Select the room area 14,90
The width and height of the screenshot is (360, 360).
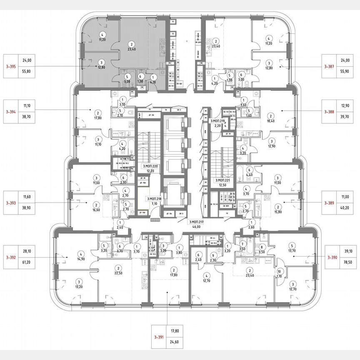[x=81, y=258]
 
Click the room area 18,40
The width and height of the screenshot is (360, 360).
[x=271, y=121]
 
